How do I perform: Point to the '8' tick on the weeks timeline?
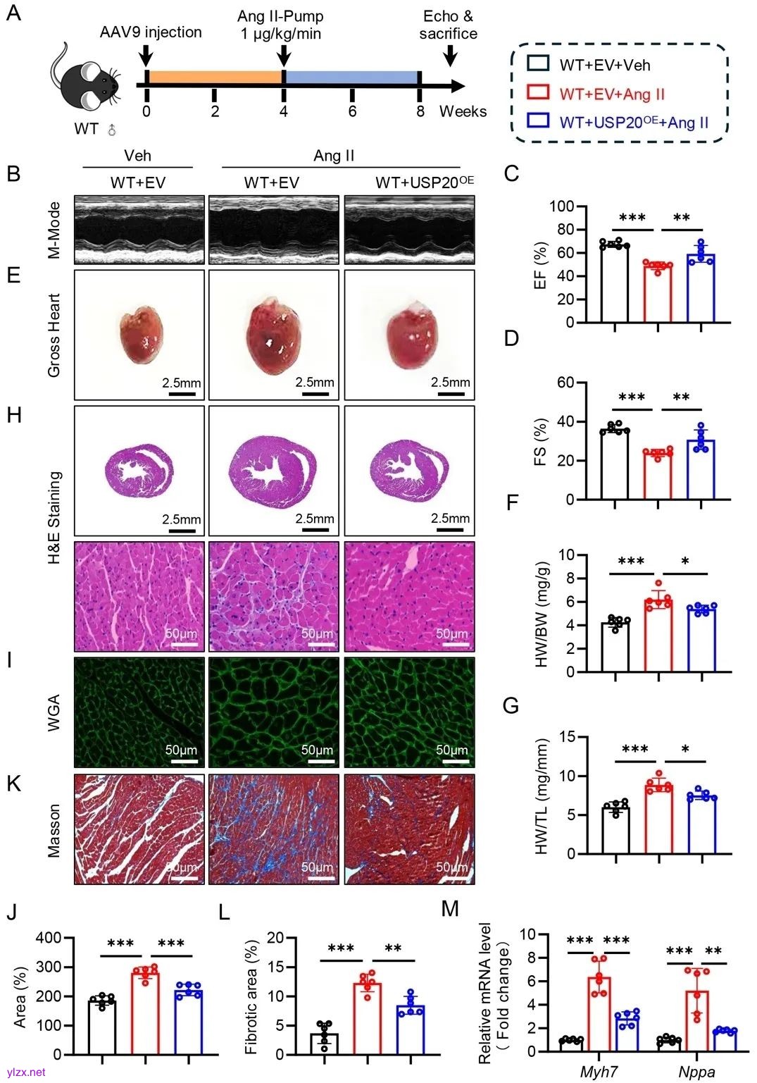tap(420, 111)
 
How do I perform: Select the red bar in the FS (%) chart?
tap(658, 476)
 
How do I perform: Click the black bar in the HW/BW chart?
tap(615, 647)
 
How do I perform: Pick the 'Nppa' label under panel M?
tap(696, 1072)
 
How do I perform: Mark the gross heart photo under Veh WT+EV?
tap(139, 335)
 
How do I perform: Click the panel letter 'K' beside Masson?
tap(13, 784)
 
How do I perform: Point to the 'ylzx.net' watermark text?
tap(25, 1072)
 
